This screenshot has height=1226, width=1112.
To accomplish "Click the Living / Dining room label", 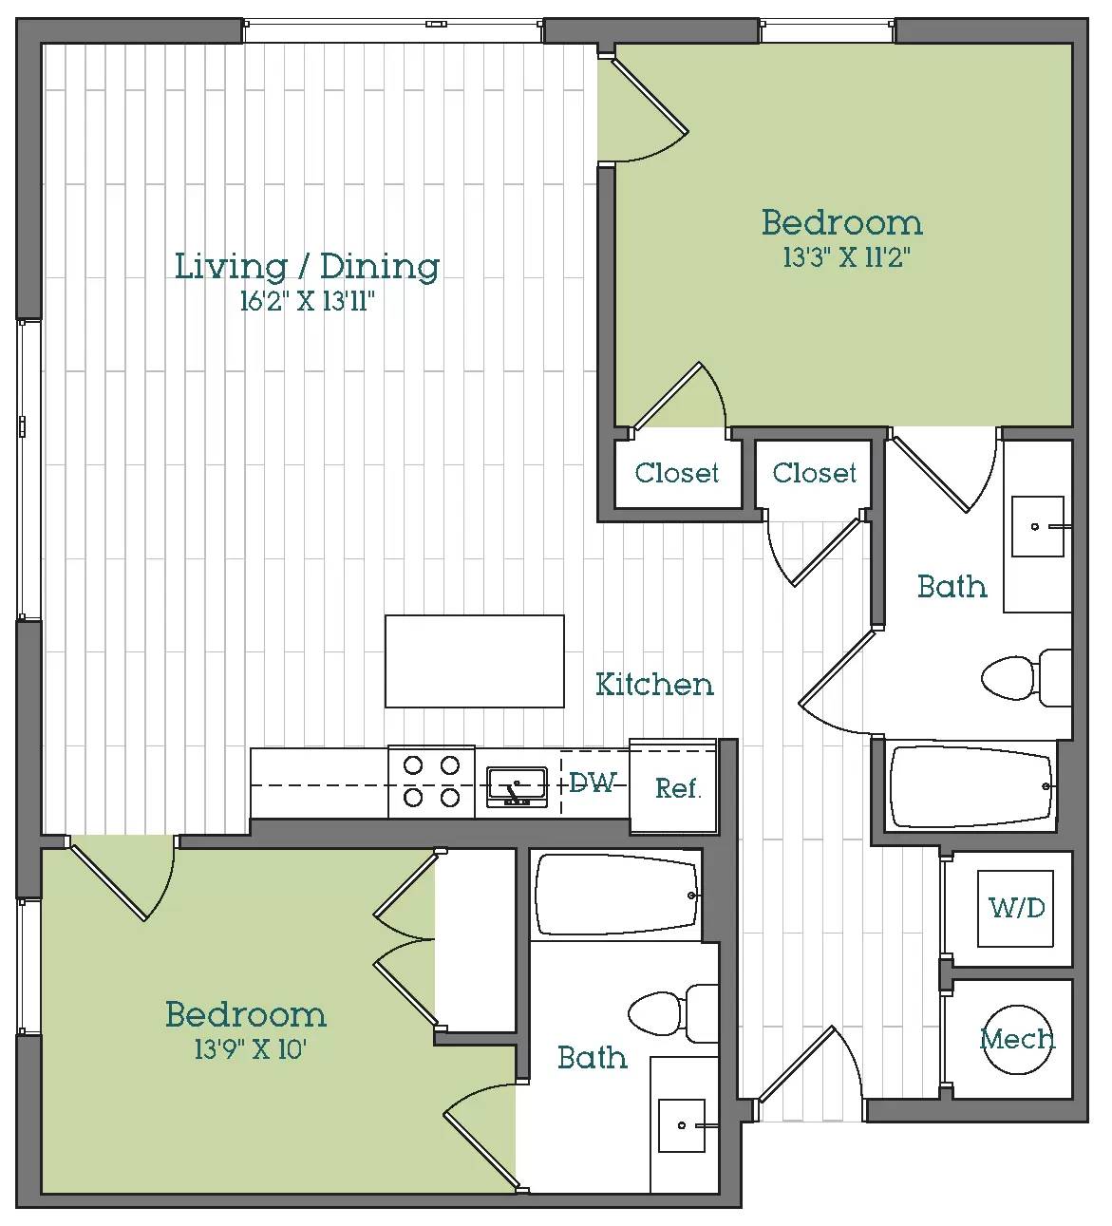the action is pyautogui.click(x=307, y=267).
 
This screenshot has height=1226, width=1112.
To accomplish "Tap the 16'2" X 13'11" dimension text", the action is pyautogui.click(x=307, y=301).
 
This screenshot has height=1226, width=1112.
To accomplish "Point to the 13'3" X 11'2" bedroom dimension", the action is pyautogui.click(x=847, y=257).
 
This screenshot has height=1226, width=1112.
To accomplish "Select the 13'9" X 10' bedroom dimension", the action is pyautogui.click(x=250, y=1049).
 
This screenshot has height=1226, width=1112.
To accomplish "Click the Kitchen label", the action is pyautogui.click(x=654, y=685).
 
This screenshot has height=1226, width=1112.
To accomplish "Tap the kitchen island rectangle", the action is pyautogui.click(x=475, y=661).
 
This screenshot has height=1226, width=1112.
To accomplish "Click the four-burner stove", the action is pyautogui.click(x=431, y=782).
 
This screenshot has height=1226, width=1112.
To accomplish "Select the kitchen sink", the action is pyautogui.click(x=518, y=786).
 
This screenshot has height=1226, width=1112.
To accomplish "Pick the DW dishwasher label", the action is pyautogui.click(x=593, y=783).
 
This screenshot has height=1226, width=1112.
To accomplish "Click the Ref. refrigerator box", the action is pyautogui.click(x=673, y=786).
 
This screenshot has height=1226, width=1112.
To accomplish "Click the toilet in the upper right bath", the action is pyautogui.click(x=1027, y=678).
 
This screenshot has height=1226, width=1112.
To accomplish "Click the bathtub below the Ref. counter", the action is pyautogui.click(x=617, y=895).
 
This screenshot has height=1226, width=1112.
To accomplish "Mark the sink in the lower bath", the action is pyautogui.click(x=682, y=1125).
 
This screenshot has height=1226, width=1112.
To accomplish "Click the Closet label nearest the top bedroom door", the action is pyautogui.click(x=677, y=473).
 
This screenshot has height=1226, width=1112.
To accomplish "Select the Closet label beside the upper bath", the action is pyautogui.click(x=814, y=473).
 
